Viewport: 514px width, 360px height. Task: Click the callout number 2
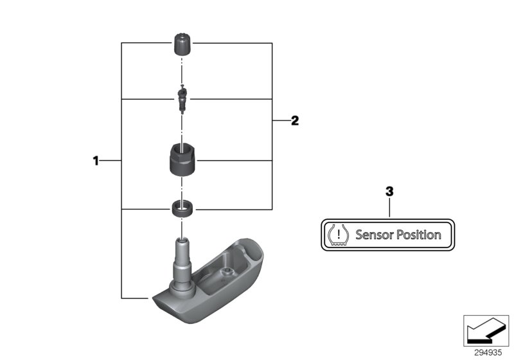295,120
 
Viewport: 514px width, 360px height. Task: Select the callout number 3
389,192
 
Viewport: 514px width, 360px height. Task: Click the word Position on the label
418,235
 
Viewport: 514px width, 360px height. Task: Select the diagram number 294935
488,352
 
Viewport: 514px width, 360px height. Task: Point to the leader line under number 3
389,209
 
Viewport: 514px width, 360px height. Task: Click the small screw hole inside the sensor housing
225,273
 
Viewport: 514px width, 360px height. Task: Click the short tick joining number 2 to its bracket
280,120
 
